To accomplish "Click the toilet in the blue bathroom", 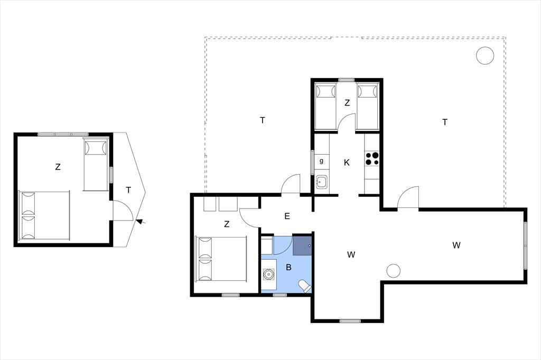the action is coord(305,286).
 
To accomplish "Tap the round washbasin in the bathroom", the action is coord(268,274).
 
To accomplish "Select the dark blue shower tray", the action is coord(302,245).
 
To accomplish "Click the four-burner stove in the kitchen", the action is coord(372,158).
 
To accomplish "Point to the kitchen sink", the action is coord(322,182).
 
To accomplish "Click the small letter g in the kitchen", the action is coord(321,161).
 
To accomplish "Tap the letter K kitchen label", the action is coord(347,163).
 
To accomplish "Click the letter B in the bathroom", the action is coord(289,267).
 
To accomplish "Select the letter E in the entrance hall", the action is coord(287,216).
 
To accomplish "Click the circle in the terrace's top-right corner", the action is coord(485,55).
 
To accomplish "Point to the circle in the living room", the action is coord(393,271).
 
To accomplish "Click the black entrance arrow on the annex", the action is coord(139,222).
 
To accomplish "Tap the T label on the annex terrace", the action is coord(128,190).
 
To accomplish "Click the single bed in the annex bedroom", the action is coord(96,164).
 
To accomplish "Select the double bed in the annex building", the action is coord(44,214).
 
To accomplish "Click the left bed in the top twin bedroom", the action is coord(326,107).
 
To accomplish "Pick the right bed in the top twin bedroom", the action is coord(367,107).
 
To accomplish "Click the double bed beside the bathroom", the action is coord(221,259).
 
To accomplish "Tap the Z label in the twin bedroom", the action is coord(347,103).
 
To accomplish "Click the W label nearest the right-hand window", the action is coord(456,245).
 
